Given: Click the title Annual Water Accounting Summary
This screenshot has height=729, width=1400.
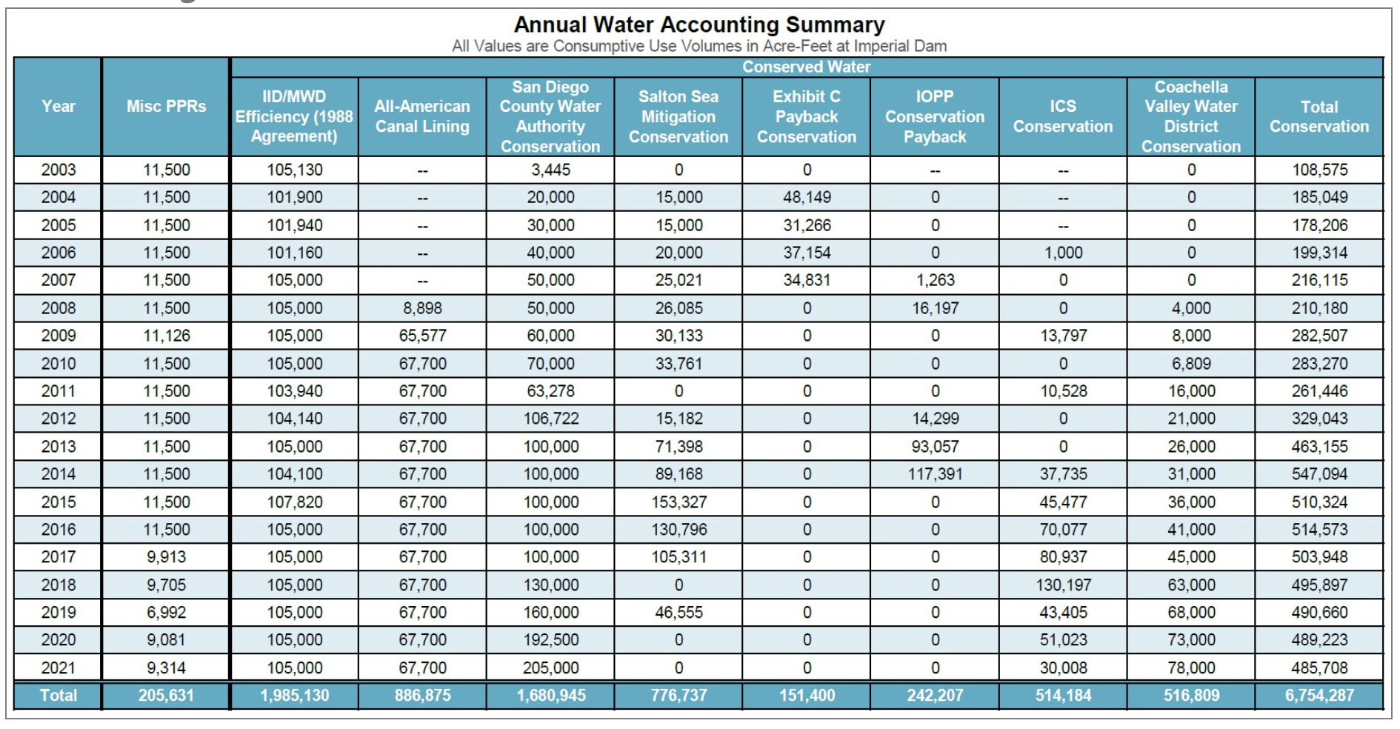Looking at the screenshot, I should click(699, 25).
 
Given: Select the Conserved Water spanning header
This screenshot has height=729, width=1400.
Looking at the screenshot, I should click(806, 67).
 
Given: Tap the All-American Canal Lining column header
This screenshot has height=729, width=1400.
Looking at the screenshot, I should click(422, 116).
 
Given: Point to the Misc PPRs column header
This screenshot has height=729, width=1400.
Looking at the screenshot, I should click(166, 107).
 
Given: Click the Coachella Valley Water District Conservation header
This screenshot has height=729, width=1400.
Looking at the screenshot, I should click(1190, 116).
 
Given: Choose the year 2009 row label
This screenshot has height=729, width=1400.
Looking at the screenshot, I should click(59, 336).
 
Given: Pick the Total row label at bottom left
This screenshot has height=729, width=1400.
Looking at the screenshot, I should click(59, 696).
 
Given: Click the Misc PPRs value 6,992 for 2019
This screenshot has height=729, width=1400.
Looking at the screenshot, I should click(166, 613).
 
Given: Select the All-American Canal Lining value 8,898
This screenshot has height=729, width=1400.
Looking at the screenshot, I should click(422, 308).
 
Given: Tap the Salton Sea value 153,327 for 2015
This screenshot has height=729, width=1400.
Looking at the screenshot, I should click(679, 502).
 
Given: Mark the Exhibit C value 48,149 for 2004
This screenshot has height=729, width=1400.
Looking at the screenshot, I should click(807, 198).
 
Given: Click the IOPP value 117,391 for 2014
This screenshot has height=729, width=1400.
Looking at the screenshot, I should click(935, 474).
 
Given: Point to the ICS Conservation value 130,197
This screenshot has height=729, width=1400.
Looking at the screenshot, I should click(1063, 585).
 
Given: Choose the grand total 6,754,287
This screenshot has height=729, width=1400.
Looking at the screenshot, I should click(1319, 696).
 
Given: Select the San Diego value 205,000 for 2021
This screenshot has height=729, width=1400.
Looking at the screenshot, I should click(550, 668).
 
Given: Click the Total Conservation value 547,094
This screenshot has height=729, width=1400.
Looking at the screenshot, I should click(1319, 474).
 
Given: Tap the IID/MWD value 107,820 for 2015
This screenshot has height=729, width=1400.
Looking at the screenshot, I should click(294, 502).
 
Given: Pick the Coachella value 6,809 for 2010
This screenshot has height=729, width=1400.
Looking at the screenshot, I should click(1190, 364).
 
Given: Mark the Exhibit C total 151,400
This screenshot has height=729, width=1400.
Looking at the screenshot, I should click(807, 696).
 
